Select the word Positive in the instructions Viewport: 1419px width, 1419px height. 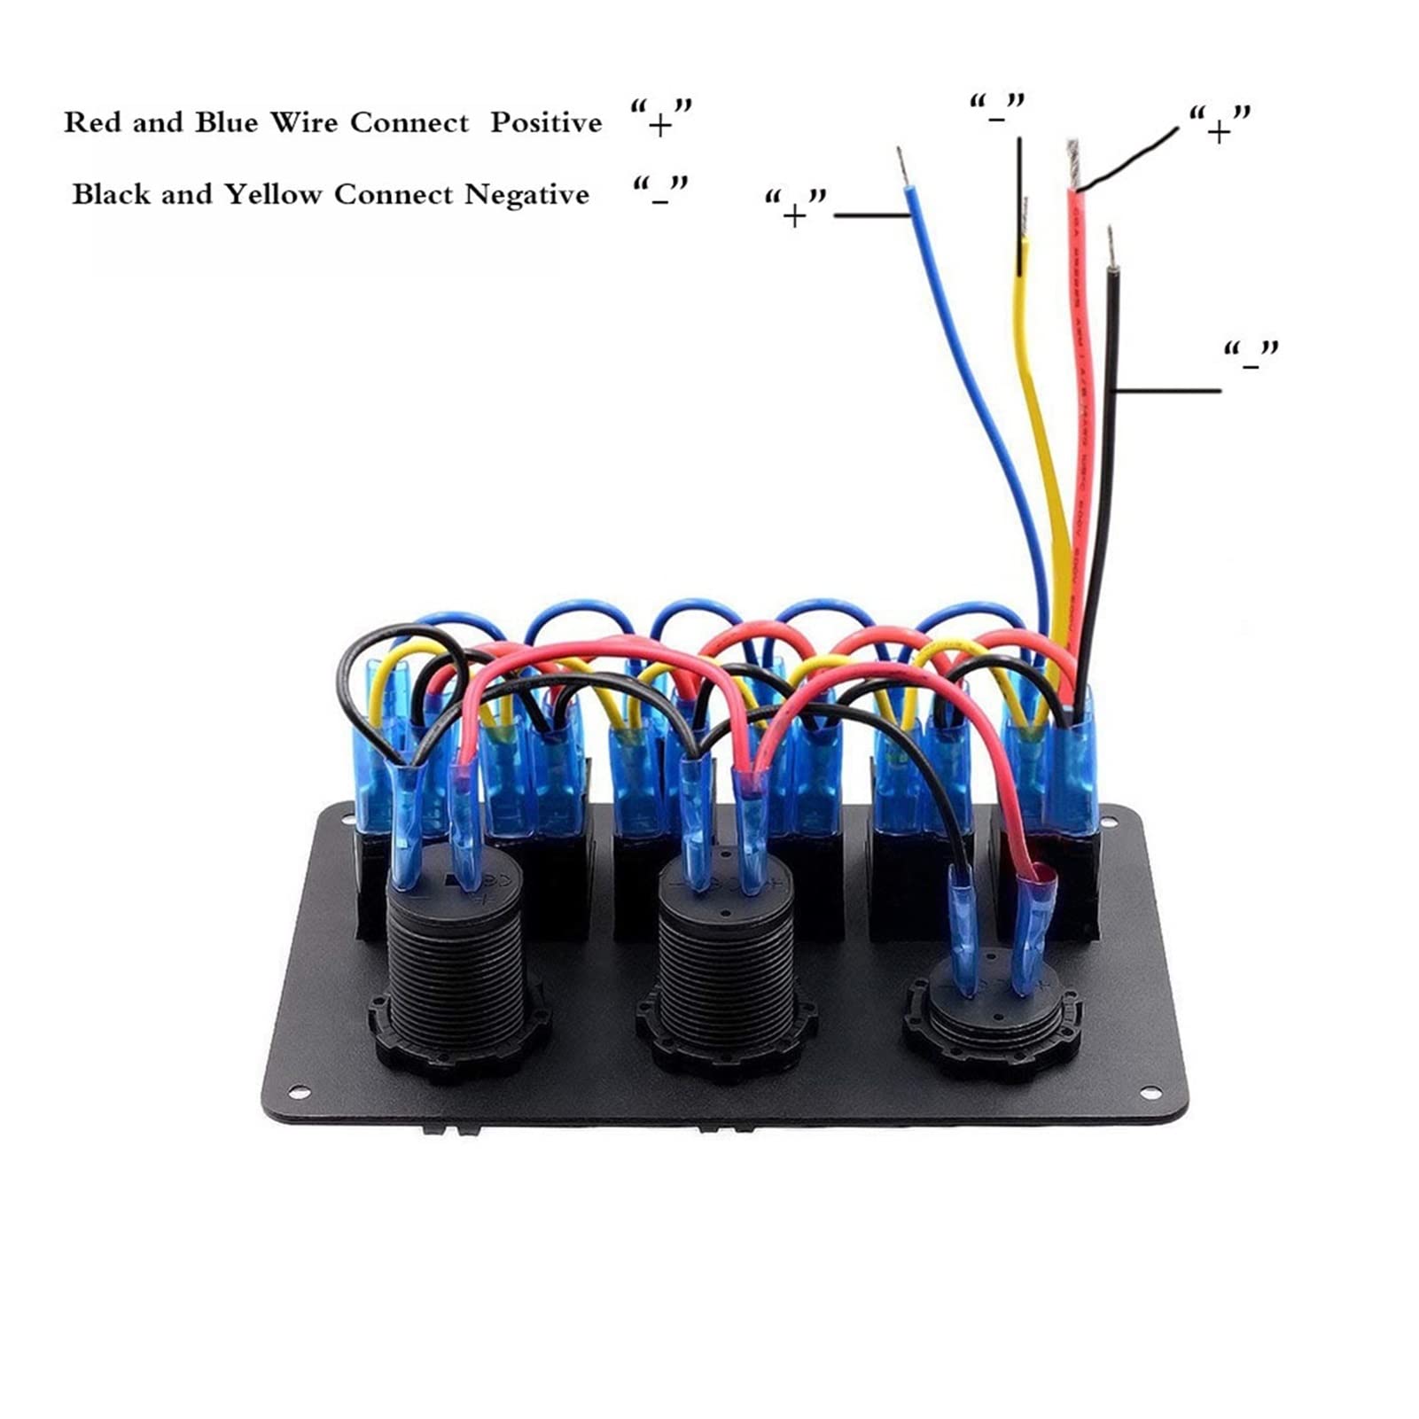(546, 122)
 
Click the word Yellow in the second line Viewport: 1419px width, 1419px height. (272, 194)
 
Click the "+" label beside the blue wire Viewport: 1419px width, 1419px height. (795, 212)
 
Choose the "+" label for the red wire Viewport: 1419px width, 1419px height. (1219, 128)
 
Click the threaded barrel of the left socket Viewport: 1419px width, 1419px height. (458, 957)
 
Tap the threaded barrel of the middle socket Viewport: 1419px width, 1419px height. (724, 957)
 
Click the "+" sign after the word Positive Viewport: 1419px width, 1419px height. (659, 124)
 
